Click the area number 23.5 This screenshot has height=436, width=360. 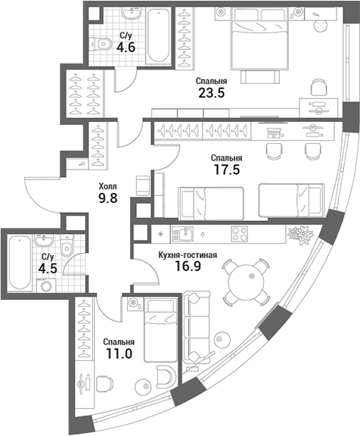pos(212,93)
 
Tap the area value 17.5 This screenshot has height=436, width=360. pos(227,170)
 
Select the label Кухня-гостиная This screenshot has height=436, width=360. pos(188,255)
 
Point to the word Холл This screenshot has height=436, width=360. pos(108,186)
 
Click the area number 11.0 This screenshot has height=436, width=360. pos(119,353)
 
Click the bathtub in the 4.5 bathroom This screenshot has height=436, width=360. pos(20,263)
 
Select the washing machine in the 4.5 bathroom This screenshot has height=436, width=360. pos(46,285)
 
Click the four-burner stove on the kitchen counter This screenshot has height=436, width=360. pos(239,234)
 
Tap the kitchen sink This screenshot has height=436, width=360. pos(182,234)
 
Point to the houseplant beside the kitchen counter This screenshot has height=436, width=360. pos(300,235)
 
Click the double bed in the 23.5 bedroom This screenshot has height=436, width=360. pos(259,38)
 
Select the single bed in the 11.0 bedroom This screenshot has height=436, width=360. pos(160,330)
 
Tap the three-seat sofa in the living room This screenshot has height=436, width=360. pos(197,327)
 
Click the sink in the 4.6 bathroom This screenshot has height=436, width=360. pos(132,13)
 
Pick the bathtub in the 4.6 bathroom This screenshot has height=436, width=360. pos(158,36)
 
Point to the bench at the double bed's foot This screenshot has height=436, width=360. pos(259,76)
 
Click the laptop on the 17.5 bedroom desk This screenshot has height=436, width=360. pos(273,132)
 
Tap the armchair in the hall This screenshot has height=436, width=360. pos(143,185)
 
